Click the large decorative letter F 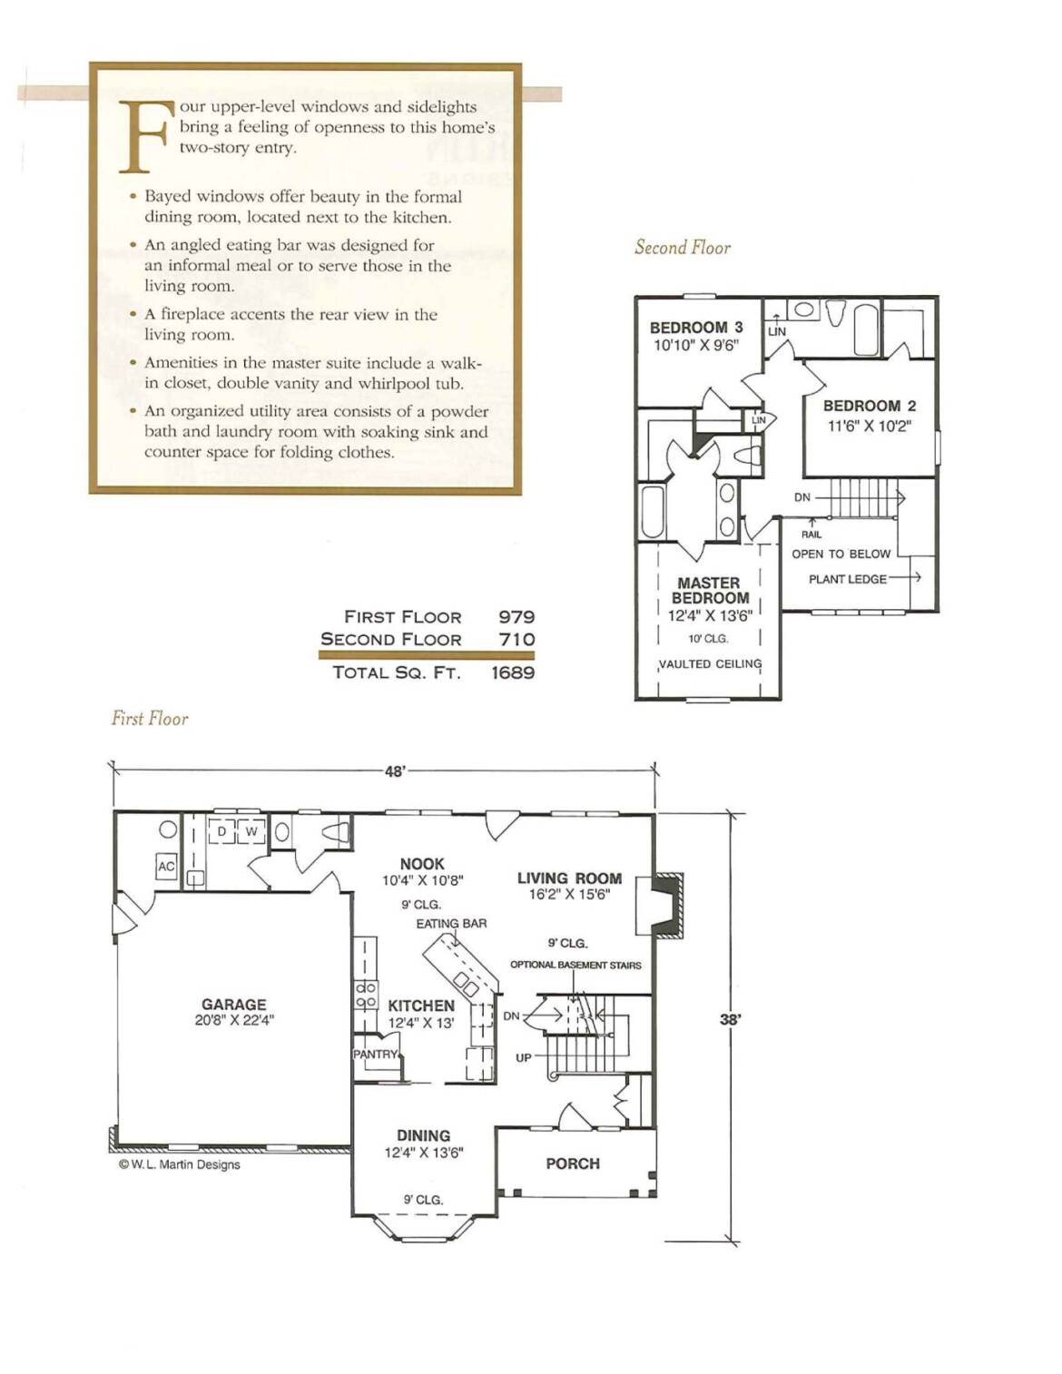click(144, 136)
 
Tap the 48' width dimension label click(395, 771)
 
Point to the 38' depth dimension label click(730, 1019)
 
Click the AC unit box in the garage click(166, 867)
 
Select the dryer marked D click(221, 831)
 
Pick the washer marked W click(251, 831)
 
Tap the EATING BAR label click(451, 924)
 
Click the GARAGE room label click(234, 1004)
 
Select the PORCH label click(573, 1163)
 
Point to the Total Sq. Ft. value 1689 click(513, 672)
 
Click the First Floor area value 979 click(516, 616)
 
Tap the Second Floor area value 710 click(517, 639)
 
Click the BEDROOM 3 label click(696, 328)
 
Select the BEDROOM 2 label click(870, 406)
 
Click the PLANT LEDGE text click(848, 579)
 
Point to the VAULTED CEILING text click(710, 664)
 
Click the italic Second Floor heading click(683, 247)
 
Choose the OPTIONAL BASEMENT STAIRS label click(575, 966)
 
